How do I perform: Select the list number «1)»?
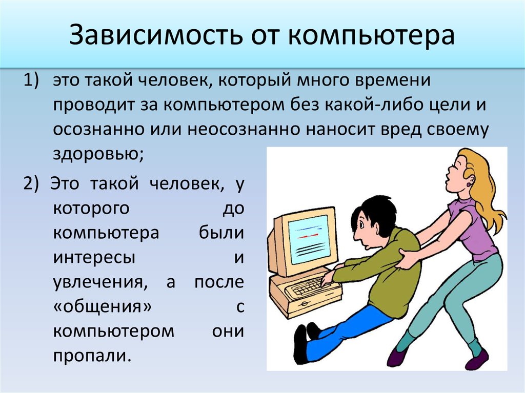point(31,80)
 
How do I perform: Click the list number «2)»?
point(31,183)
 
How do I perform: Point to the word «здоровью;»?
point(98,154)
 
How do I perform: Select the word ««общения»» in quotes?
point(103,306)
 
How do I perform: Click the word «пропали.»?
point(91,355)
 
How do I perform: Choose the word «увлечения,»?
point(100,282)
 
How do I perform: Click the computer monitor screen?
point(309,240)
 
